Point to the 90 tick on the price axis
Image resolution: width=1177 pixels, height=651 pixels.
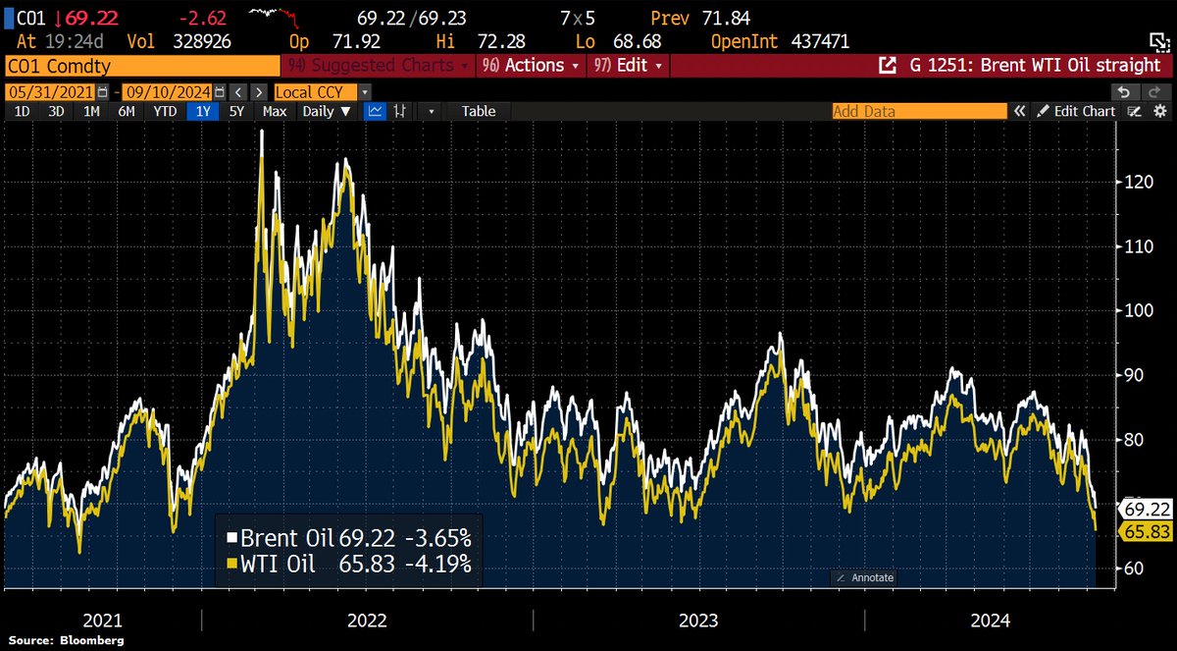click(x=1135, y=375)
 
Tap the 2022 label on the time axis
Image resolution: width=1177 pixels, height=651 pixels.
click(x=367, y=621)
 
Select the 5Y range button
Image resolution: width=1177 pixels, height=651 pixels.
click(x=236, y=111)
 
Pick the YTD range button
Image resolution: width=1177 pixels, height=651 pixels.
click(x=165, y=111)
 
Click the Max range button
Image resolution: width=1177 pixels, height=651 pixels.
click(x=275, y=111)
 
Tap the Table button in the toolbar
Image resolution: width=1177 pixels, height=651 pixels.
click(x=479, y=111)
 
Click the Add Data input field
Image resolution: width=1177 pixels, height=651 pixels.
click(x=918, y=111)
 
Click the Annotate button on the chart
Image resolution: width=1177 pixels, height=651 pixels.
click(x=865, y=577)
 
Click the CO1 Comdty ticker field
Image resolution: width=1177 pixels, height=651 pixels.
click(x=142, y=66)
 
